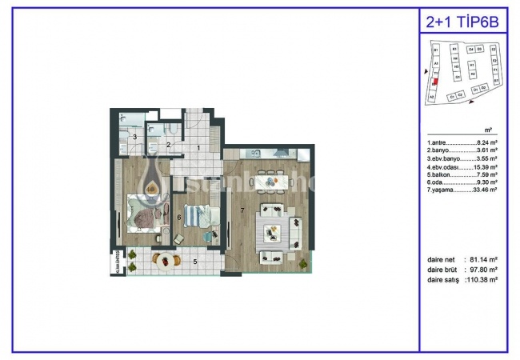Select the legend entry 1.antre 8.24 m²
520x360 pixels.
[x=462, y=142]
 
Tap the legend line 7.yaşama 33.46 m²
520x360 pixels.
[x=462, y=190]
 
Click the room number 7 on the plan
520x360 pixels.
[x=242, y=210]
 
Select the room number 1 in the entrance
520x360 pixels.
[x=198, y=149]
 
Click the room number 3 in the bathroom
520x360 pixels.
[x=135, y=138]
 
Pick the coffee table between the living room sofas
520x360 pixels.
[x=272, y=234]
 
